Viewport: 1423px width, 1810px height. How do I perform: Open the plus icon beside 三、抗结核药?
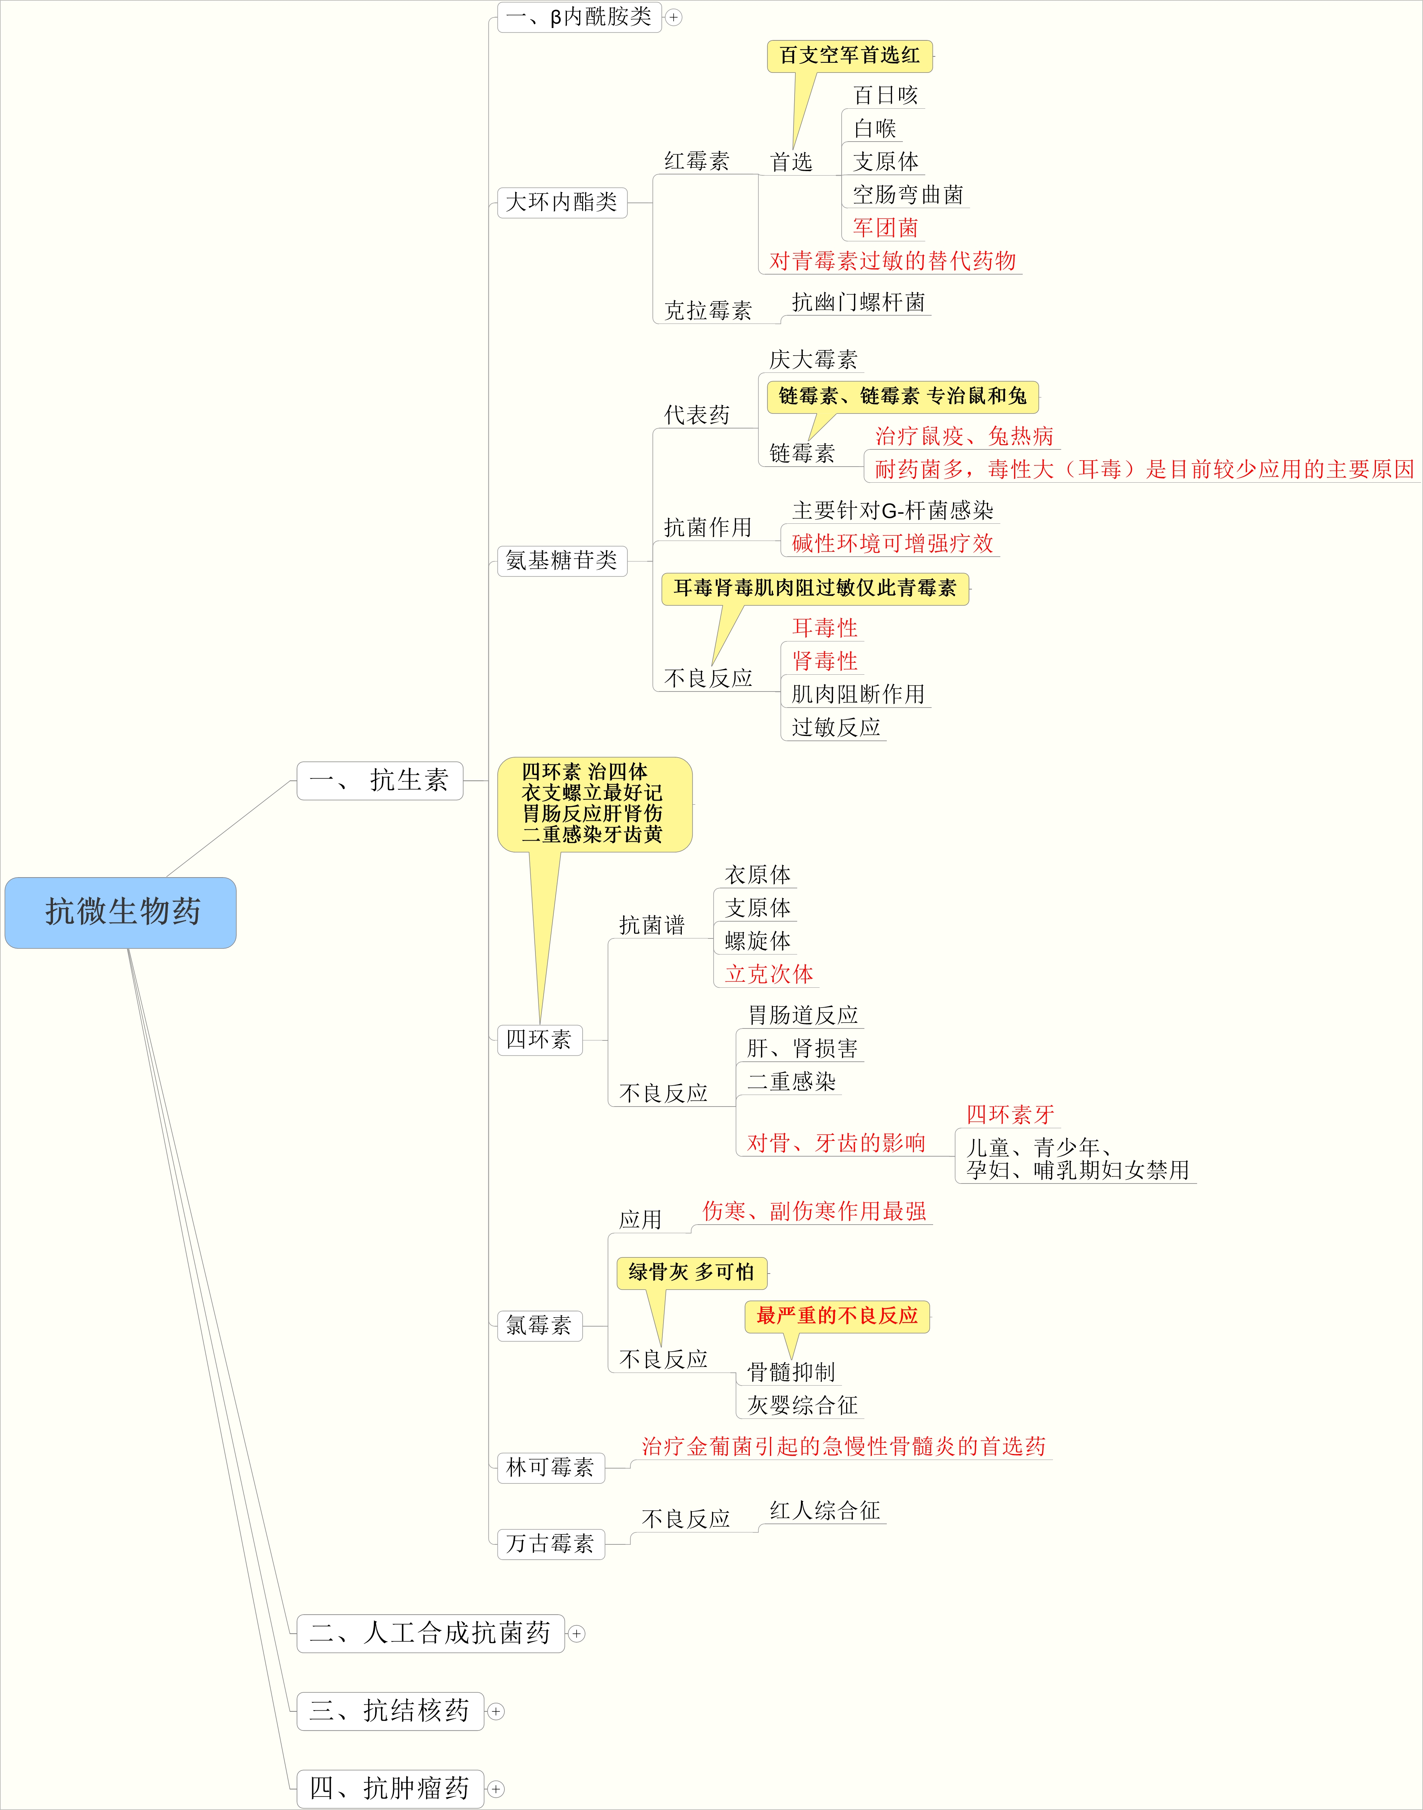[x=496, y=1711]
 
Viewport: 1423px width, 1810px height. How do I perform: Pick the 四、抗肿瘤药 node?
[x=390, y=1788]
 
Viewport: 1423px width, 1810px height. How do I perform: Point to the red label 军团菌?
[x=885, y=228]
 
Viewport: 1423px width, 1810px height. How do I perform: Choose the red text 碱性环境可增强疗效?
[x=892, y=544]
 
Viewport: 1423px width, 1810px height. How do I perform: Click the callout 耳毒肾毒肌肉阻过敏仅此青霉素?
[x=815, y=588]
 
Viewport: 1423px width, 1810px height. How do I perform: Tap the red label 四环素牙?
[x=1010, y=1115]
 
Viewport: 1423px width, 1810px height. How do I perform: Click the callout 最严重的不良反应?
[x=836, y=1316]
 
